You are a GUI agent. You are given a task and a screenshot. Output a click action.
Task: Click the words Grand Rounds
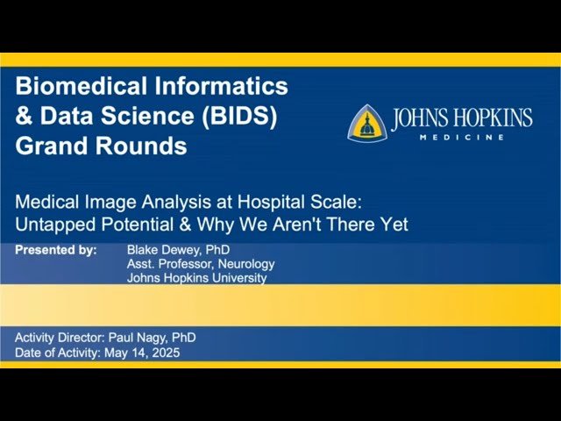click(101, 146)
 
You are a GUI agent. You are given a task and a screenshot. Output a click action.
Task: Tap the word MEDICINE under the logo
click(461, 138)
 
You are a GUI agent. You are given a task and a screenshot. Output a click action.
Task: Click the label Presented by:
click(56, 250)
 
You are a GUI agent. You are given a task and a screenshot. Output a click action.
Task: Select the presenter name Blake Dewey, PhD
click(177, 250)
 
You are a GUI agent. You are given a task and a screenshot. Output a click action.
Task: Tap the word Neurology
click(247, 264)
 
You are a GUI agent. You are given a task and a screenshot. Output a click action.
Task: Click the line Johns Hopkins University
click(196, 278)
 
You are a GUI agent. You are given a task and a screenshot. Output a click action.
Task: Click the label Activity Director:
click(60, 338)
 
